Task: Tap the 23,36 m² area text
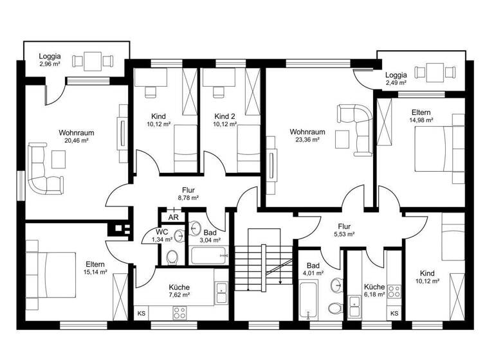click(x=307, y=139)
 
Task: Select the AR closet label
click(x=173, y=217)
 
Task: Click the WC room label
click(x=162, y=231)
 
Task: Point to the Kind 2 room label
click(x=225, y=116)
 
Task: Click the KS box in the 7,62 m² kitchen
click(x=141, y=313)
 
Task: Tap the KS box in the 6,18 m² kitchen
click(x=394, y=313)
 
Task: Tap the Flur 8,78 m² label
click(x=188, y=194)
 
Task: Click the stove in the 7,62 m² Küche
click(x=179, y=313)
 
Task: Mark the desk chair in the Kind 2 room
click(x=216, y=91)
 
